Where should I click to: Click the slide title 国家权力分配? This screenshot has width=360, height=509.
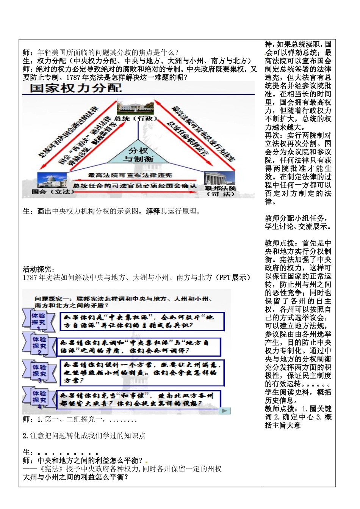[76, 88]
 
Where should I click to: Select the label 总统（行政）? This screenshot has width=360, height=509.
[136, 119]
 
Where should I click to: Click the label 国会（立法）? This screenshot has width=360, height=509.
[53, 192]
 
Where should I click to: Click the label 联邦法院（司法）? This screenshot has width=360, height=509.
[221, 191]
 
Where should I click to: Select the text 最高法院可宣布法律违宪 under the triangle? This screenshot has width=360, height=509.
[130, 175]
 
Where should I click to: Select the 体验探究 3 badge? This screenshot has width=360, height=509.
[39, 371]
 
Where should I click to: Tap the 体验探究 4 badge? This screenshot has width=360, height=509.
[39, 397]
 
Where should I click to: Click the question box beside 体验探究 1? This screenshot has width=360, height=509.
[142, 321]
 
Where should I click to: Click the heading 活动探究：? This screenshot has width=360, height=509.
[39, 269]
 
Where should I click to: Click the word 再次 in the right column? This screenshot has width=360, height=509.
[272, 135]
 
